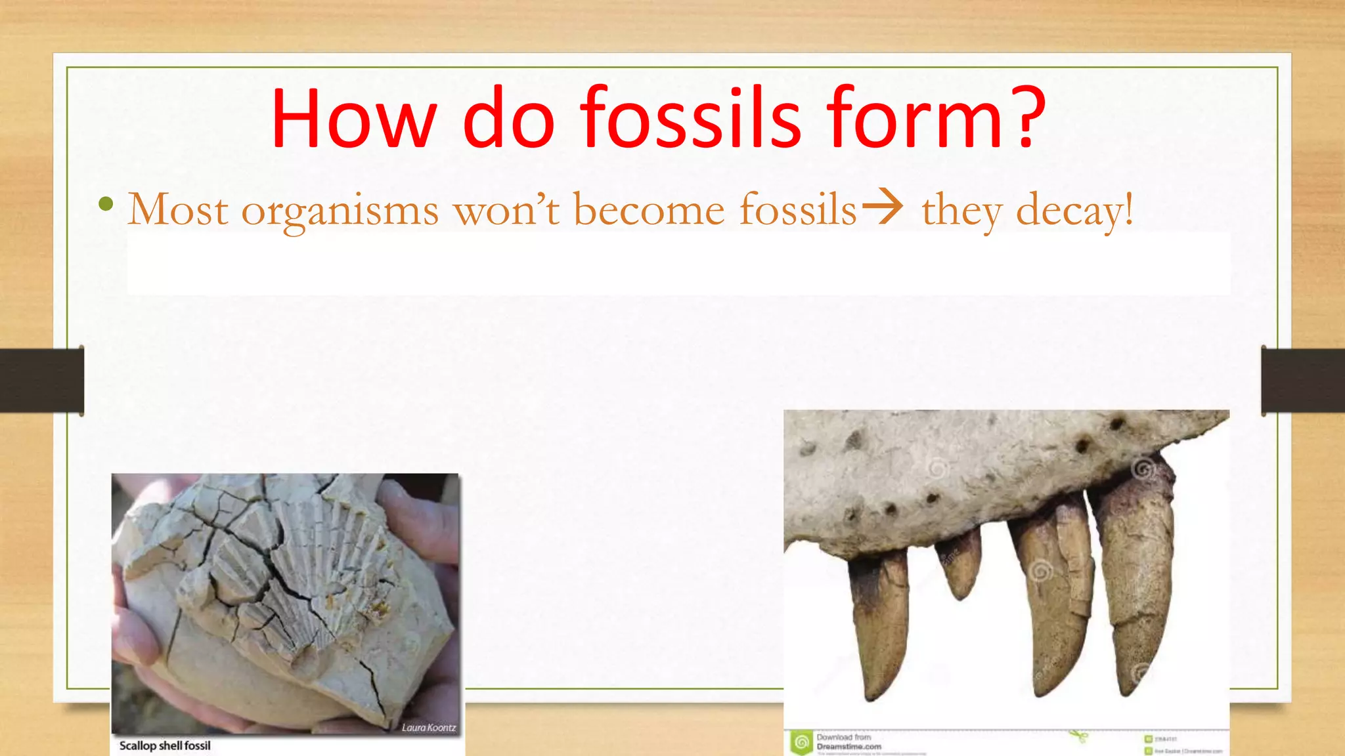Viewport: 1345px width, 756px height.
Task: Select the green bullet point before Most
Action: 105,205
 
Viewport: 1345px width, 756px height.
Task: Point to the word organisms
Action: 340,211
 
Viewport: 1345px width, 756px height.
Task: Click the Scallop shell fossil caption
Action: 165,745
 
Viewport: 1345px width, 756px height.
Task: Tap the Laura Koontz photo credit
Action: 428,727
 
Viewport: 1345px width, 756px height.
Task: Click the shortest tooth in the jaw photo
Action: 961,564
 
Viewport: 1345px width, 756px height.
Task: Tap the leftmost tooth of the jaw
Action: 880,623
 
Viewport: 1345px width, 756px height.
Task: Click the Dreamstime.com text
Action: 849,746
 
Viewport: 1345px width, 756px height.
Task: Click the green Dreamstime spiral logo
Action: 801,743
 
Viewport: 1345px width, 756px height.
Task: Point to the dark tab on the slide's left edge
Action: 41,381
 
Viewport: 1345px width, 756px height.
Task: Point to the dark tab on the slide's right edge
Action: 1303,381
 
